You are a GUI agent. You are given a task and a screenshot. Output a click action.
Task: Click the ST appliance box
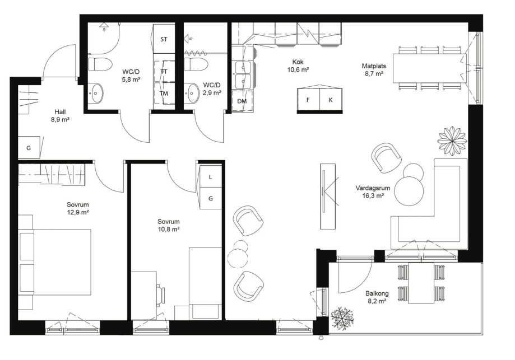[164, 39]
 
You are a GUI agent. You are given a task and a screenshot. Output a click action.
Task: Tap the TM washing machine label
[164, 93]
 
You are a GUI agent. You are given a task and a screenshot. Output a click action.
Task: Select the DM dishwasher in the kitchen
[243, 101]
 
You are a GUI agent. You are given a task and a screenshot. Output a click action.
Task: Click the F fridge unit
[308, 100]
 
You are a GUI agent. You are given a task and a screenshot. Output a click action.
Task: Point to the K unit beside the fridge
[331, 100]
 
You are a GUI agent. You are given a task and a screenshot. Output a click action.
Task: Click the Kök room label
[298, 62]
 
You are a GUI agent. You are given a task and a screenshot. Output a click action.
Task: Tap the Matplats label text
[374, 66]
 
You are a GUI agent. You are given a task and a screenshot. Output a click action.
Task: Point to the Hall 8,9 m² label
[60, 116]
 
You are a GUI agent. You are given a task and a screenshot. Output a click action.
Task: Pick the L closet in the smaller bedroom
[211, 177]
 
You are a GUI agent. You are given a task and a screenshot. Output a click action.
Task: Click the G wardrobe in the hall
[29, 148]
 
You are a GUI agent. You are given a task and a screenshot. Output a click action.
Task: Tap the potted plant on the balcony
[342, 319]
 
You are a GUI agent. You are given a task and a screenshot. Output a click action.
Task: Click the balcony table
[421, 283]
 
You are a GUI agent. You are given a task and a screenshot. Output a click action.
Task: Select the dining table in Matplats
[430, 68]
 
